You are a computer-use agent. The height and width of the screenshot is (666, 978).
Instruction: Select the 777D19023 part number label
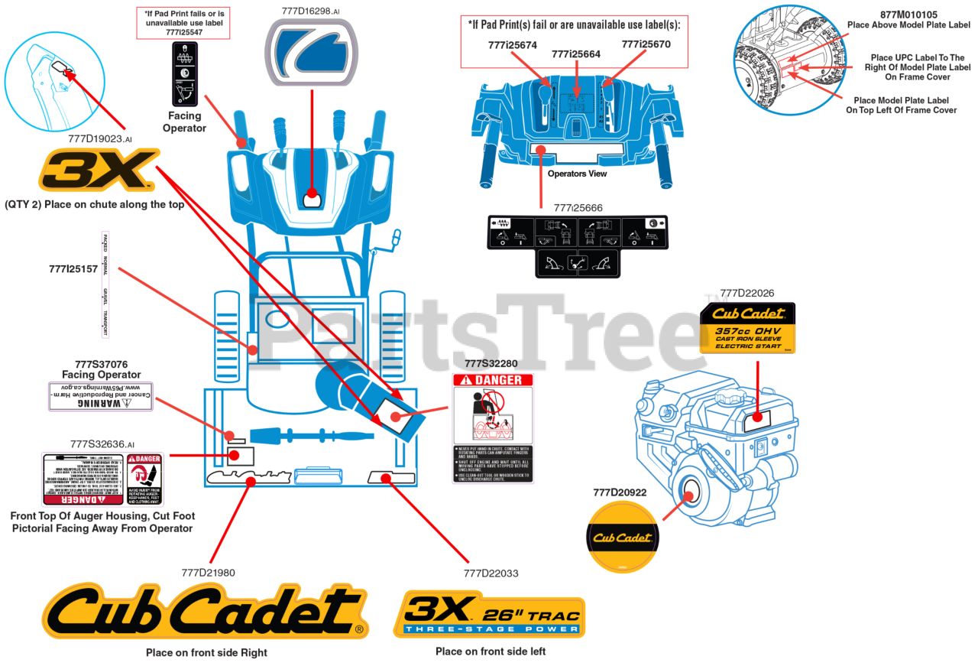100,139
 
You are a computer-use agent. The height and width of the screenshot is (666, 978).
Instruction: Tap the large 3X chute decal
97,170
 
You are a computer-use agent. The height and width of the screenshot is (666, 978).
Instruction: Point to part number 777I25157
73,269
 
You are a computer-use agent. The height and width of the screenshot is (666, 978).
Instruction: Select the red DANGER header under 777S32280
492,380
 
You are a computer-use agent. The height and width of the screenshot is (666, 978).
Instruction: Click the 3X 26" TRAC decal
489,616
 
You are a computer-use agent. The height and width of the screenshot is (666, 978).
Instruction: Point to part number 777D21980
208,573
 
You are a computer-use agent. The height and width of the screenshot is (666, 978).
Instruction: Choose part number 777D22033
491,573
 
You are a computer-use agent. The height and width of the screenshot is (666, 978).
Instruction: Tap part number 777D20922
620,492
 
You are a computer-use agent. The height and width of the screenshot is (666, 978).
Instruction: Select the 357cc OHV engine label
746,328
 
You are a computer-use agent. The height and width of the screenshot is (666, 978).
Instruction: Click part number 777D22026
746,293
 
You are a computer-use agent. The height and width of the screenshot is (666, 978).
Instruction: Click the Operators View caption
577,174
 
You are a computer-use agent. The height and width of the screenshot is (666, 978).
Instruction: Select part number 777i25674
512,45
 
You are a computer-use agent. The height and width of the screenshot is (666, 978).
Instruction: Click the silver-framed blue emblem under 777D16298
312,53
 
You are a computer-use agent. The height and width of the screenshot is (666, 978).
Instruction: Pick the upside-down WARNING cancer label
101,396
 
